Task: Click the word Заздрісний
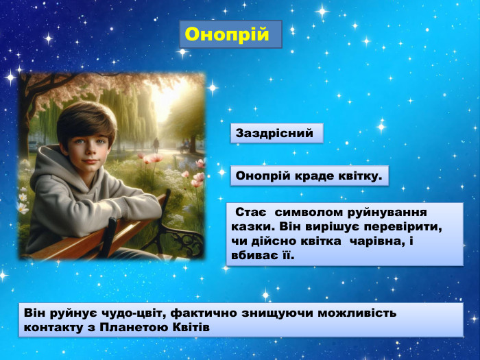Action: coord(274,133)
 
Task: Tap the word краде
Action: coord(313,176)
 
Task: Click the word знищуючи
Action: coord(261,313)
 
